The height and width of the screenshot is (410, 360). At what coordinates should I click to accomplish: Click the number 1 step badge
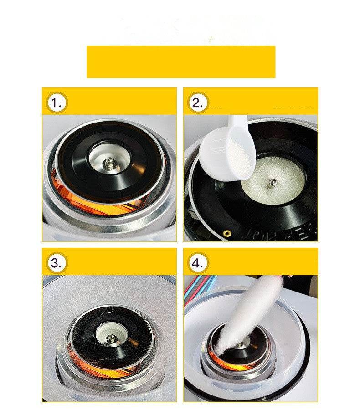(57, 103)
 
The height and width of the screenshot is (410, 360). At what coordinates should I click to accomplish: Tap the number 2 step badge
(197, 103)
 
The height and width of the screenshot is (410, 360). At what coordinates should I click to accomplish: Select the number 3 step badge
(57, 263)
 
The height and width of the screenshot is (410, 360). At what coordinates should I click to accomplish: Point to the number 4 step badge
(197, 263)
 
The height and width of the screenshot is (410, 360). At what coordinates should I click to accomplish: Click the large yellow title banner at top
(181, 61)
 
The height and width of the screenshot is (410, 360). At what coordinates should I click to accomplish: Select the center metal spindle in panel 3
(110, 338)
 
